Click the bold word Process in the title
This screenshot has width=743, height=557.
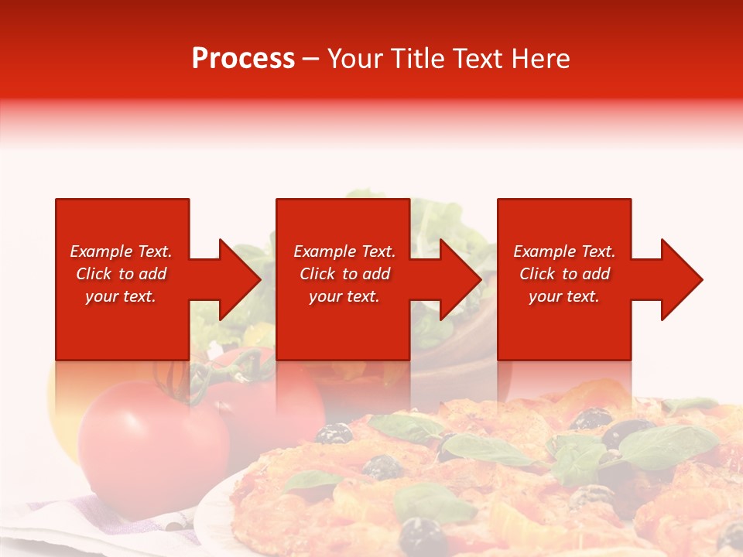243,59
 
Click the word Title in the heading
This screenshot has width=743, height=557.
416,59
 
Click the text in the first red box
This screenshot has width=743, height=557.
121,274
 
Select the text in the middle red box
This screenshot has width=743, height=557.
344,274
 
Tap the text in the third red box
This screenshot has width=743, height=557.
564,274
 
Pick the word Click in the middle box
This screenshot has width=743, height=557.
317,274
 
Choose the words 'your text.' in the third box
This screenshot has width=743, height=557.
564,296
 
